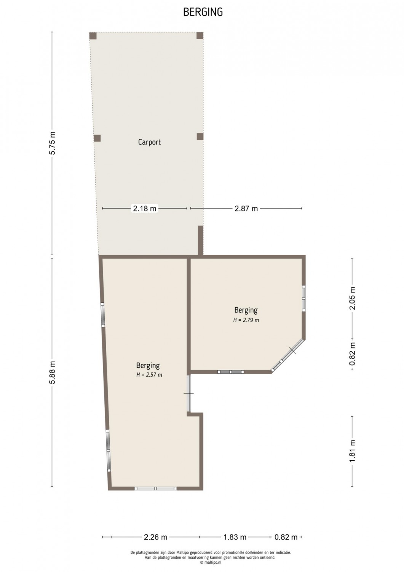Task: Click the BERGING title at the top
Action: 203,12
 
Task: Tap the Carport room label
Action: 150,142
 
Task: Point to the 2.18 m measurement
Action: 145,209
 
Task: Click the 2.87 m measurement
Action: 246,209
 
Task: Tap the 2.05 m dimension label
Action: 352,298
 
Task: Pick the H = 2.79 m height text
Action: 246,320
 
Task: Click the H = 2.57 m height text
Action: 149,375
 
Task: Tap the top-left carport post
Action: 93,36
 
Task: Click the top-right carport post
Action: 200,35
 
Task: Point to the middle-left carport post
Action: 97,138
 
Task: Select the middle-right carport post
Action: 200,137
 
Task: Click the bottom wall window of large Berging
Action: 156,488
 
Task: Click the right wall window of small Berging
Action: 303,298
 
